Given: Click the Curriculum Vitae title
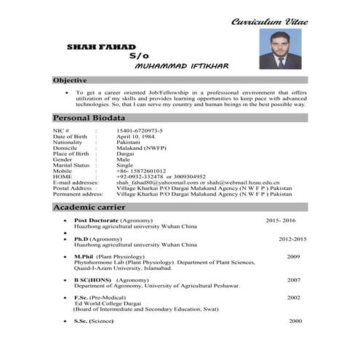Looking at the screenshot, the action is point(269,22).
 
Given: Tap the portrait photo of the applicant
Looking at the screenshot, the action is point(280,49).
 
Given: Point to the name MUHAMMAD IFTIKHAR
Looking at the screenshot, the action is point(182,65).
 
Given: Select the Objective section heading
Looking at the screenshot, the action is point(71,80).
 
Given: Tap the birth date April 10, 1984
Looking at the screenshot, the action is point(137,137).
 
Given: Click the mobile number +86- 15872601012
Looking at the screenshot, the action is point(146,171).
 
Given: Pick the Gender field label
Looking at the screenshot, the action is point(63,159).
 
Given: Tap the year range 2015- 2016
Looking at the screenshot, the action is point(281,220).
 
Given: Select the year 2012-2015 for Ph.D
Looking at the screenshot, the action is point(292,239).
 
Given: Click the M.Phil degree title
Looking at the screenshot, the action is point(84,257).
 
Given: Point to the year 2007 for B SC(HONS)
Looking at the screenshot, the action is point(294,280).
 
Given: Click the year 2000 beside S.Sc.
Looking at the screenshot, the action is point(295,321).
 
